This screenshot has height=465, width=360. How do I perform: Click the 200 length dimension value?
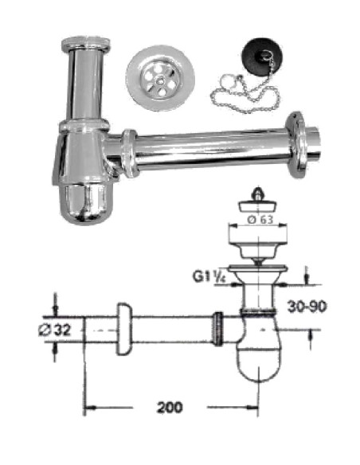169,407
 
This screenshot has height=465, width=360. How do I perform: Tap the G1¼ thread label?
209,279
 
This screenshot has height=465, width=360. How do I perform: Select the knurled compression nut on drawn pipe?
217,327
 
